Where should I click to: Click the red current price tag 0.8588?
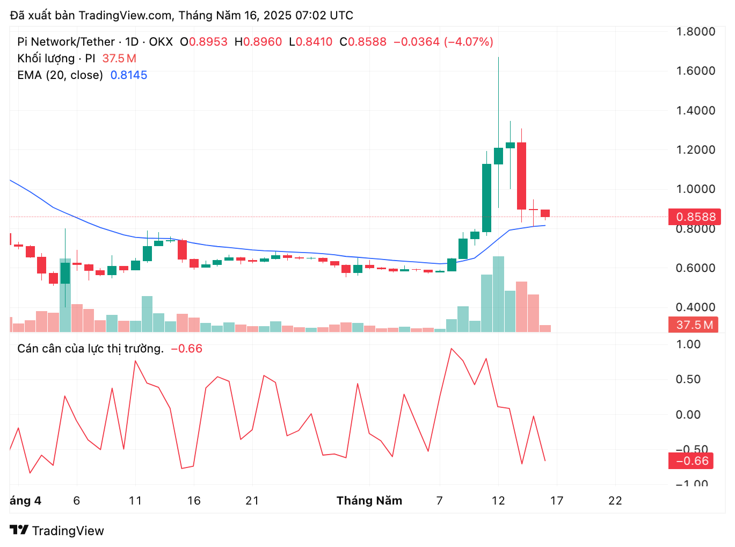coord(695,217)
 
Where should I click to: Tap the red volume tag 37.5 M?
coord(694,325)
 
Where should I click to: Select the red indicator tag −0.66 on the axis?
coord(692,461)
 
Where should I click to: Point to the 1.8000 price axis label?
coord(695,32)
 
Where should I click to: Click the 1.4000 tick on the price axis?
coord(695,111)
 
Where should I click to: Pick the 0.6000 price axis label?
coord(695,268)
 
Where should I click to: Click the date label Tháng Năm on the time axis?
coord(369,501)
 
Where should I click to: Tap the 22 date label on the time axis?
coord(615,501)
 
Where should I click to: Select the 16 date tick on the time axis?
coord(194,501)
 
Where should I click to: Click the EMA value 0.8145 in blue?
coord(129,75)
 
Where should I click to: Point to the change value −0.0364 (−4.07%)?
coord(443,42)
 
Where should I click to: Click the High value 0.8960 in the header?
coord(263,42)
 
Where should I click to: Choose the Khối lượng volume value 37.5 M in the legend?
coord(119,59)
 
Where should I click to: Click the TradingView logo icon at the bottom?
coord(19,530)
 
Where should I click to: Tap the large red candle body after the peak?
coord(521,176)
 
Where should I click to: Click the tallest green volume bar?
coord(498,294)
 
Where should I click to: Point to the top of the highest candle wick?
coord(498,58)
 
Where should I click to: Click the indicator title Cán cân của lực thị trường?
coord(90,349)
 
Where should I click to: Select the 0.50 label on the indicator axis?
coord(688,379)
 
